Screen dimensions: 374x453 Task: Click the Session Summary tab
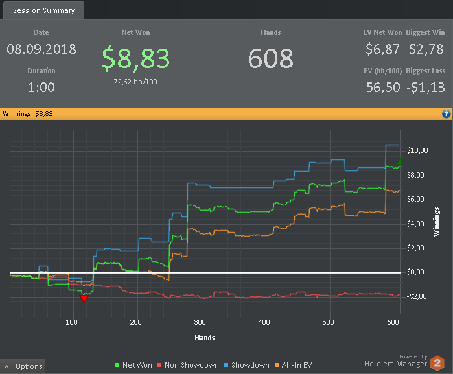43,10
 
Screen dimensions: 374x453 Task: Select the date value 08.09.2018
41,49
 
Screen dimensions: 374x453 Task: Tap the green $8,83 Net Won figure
135,58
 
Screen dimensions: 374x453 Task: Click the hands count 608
270,58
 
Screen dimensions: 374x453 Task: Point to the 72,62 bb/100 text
135,82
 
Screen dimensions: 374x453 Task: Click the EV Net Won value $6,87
382,49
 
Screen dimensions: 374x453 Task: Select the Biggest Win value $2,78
427,49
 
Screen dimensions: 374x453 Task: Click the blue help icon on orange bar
446,114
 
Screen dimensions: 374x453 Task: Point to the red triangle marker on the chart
84,298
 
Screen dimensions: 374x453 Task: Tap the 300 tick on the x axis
200,322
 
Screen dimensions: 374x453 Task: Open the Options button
23,366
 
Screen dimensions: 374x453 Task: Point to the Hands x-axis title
205,338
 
